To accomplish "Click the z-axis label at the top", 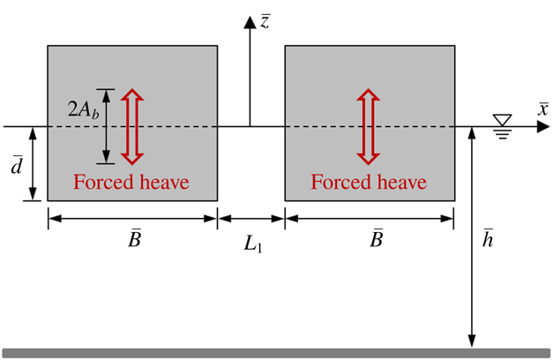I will (x=265, y=20).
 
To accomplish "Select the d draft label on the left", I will (x=16, y=164).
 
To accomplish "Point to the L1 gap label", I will (x=252, y=245).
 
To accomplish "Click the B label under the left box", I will (x=133, y=239).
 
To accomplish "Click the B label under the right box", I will (x=376, y=239).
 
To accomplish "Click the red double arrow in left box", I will (x=131, y=126).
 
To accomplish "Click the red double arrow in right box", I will (x=369, y=126).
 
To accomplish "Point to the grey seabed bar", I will (x=276, y=353).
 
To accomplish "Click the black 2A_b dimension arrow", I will (x=107, y=126).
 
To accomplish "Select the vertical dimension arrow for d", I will (x=33, y=164).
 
